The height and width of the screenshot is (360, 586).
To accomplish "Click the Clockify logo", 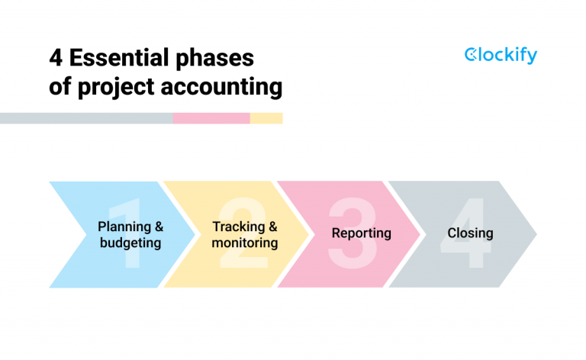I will [501, 56].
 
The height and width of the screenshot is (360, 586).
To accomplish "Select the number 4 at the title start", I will [56, 58].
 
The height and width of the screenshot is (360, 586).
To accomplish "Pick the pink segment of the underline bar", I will [211, 118].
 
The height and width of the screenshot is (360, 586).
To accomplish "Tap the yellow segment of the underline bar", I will [266, 118].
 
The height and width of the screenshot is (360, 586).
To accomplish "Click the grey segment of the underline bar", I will [86, 118].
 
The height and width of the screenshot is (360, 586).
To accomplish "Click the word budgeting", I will [130, 243].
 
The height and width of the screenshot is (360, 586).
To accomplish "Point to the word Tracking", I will [237, 227].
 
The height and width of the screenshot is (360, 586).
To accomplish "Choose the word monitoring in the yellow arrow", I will [245, 243].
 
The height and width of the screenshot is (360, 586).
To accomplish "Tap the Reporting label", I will [361, 233].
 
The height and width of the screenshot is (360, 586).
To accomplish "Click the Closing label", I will [470, 233].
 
